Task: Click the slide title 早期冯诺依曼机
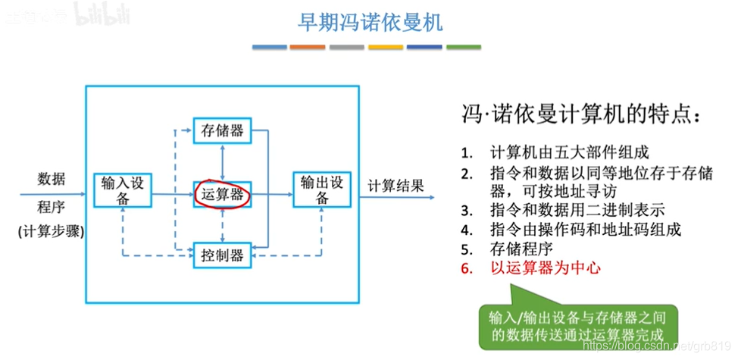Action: (x=369, y=21)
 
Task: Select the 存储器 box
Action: (x=221, y=131)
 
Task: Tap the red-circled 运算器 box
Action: (x=222, y=194)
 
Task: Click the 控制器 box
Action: (x=221, y=255)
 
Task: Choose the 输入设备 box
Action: (x=122, y=190)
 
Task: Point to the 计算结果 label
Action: (x=396, y=186)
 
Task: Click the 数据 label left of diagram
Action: (x=52, y=180)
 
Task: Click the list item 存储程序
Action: (x=518, y=248)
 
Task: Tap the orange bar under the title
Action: (x=308, y=47)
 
